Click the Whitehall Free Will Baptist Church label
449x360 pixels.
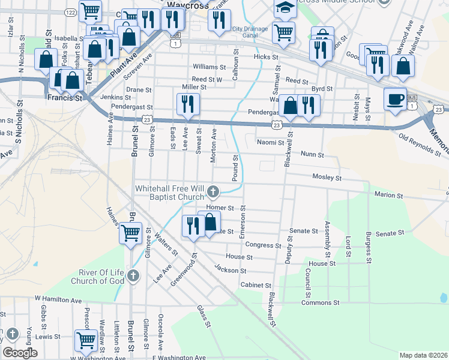coord(169,193)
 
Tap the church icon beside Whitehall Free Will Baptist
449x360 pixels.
coord(212,192)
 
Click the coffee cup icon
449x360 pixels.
coord(394,98)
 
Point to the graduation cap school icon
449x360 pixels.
coord(285,8)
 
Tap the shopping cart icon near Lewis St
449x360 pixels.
coord(86,340)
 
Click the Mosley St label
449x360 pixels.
coord(327,178)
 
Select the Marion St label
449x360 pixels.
coord(388,195)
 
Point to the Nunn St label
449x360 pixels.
coord(312,155)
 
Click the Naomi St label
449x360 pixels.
coord(271,143)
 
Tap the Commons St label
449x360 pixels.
coord(316,303)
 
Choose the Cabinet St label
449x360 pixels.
coord(256,285)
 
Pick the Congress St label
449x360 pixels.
coord(263,245)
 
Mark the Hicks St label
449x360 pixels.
coord(267,57)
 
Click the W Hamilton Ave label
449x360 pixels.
coord(58,299)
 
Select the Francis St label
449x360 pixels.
coord(65,97)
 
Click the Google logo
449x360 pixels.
coord(20,353)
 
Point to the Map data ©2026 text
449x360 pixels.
coord(422,355)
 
